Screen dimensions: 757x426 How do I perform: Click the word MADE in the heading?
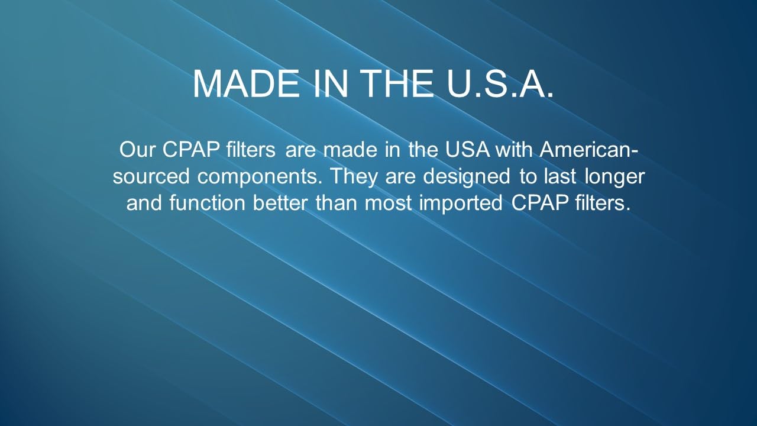click(247, 84)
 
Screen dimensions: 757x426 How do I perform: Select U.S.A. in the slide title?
click(500, 84)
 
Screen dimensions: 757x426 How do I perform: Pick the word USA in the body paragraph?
click(467, 150)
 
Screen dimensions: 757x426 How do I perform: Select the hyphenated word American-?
click(588, 150)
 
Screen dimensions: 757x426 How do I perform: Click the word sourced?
click(151, 176)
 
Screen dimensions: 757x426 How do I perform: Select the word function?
click(207, 203)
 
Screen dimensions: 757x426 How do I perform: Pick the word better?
click(280, 203)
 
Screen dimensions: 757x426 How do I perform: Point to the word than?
click(337, 203)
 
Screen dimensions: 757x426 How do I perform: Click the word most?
click(389, 204)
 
